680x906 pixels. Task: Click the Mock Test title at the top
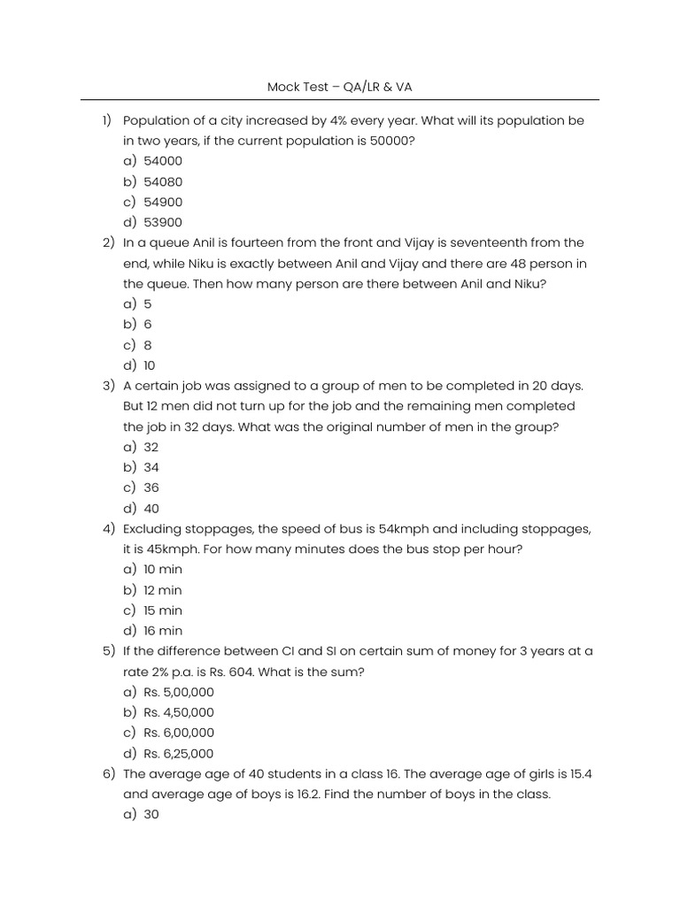click(x=340, y=87)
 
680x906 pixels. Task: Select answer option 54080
click(x=163, y=181)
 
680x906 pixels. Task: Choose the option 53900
click(x=163, y=222)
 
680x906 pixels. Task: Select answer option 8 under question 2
click(x=148, y=345)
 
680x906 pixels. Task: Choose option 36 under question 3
click(x=151, y=488)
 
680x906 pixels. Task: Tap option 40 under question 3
click(x=151, y=509)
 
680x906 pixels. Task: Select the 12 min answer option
click(x=163, y=590)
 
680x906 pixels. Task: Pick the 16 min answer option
click(x=163, y=631)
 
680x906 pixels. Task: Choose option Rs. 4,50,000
click(x=179, y=712)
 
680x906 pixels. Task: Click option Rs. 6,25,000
click(x=179, y=754)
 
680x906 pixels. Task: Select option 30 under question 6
click(x=151, y=815)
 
